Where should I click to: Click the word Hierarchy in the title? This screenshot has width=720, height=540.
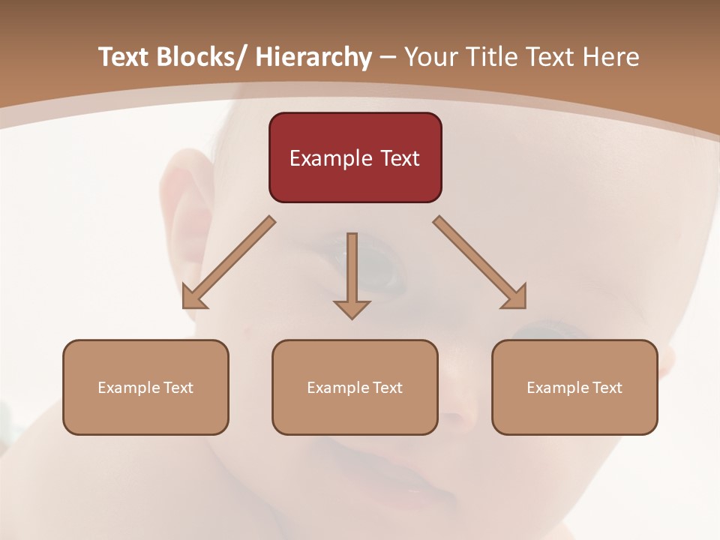313,57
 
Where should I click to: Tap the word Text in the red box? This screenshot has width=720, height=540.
400,158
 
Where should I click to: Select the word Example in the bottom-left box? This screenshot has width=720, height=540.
127,388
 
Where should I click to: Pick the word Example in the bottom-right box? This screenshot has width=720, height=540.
556,388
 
